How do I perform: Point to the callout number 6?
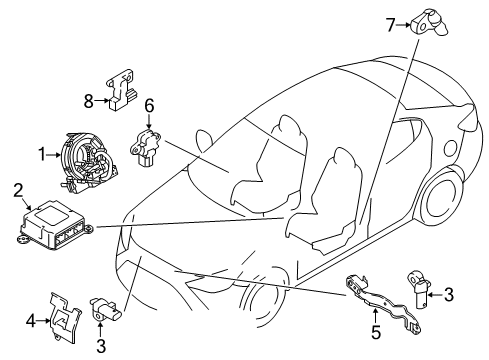(x=149, y=104)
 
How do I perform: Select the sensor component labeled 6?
(x=146, y=143)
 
